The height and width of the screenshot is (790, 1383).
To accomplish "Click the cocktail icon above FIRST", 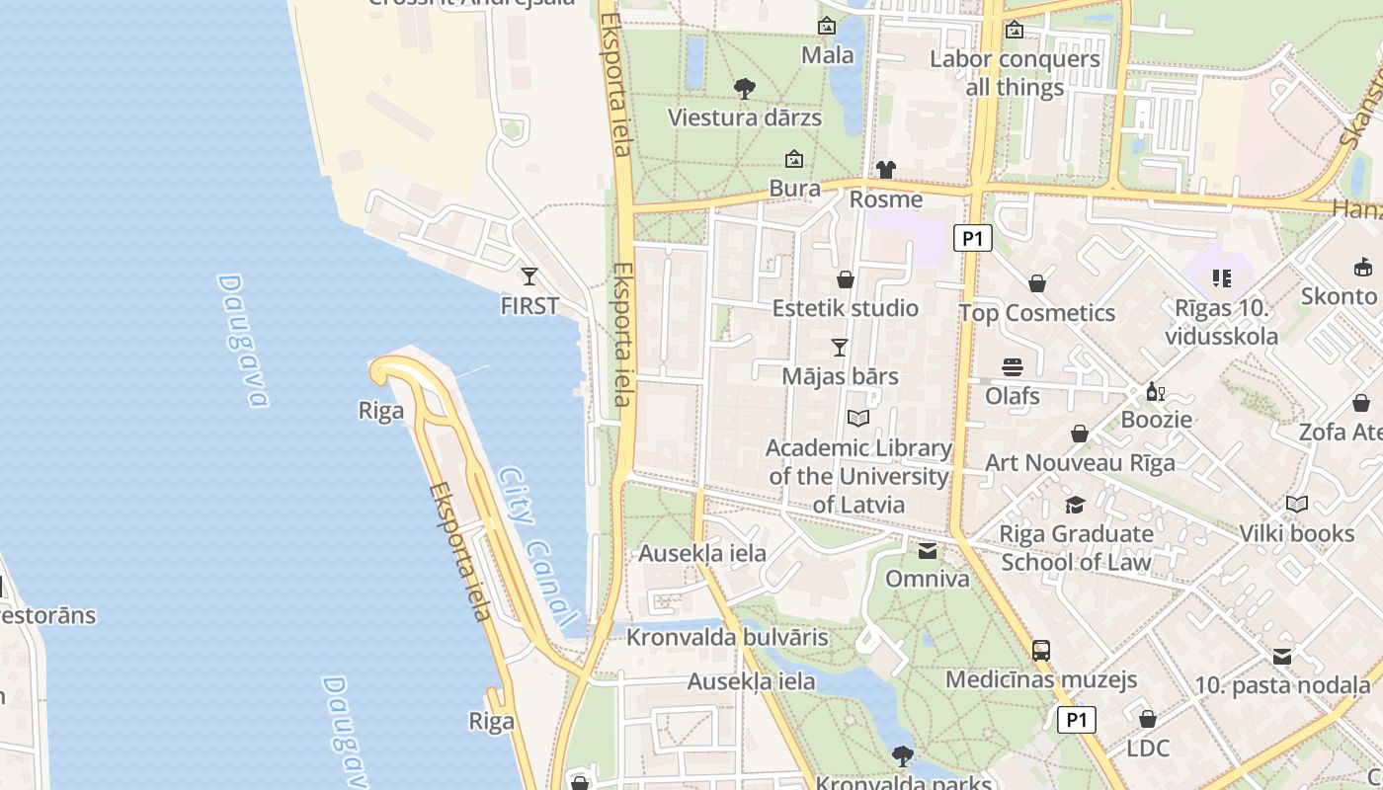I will click(x=529, y=276).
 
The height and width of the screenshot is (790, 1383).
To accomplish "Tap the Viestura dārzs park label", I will click(x=744, y=118).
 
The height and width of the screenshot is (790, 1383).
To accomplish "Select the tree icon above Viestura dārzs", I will click(x=745, y=89).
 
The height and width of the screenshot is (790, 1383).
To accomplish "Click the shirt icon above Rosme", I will click(x=885, y=170).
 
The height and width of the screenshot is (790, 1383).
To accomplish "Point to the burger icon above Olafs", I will click(x=1012, y=367).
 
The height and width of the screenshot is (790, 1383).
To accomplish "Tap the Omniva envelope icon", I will click(x=928, y=551).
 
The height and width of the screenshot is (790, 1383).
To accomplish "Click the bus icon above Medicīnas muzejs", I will click(x=1041, y=650).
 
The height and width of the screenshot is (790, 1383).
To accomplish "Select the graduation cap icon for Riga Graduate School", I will click(x=1075, y=506).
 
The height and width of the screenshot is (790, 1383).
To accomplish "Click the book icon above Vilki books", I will click(x=1297, y=505).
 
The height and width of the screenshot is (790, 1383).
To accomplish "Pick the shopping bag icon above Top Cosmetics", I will click(x=1037, y=284).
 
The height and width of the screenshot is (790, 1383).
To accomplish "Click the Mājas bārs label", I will click(x=840, y=376).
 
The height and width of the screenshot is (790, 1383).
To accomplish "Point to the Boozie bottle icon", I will click(x=1155, y=392).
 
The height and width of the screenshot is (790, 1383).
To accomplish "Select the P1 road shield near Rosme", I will click(x=972, y=238).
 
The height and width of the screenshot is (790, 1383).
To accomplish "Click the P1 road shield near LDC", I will click(x=1076, y=720).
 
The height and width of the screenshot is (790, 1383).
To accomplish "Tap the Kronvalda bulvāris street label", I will click(x=727, y=637).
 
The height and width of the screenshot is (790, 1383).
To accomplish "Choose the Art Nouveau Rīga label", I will click(x=1080, y=462).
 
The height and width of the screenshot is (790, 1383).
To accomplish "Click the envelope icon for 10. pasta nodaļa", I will click(x=1282, y=657).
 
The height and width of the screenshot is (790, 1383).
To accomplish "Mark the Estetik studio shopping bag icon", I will click(x=845, y=279).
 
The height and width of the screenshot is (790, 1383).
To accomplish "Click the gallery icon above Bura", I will click(x=793, y=159).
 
